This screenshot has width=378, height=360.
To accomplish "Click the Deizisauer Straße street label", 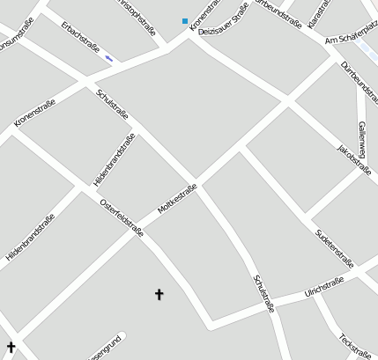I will pos(223,21).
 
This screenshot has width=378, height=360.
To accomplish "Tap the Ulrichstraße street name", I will pos(323,288).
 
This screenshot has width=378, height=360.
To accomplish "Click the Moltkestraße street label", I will pos(177,199).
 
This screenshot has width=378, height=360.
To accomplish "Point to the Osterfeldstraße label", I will pos(122,217).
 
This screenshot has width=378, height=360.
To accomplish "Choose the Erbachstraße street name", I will pos(80,36).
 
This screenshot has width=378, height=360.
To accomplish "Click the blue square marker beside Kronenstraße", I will pos(185,20).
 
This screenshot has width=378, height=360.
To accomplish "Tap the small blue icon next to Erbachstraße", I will pos(109,58).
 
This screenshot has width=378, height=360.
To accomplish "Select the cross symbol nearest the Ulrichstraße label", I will pos(159,294).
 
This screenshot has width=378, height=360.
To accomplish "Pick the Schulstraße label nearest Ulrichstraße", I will pos(264,293).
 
